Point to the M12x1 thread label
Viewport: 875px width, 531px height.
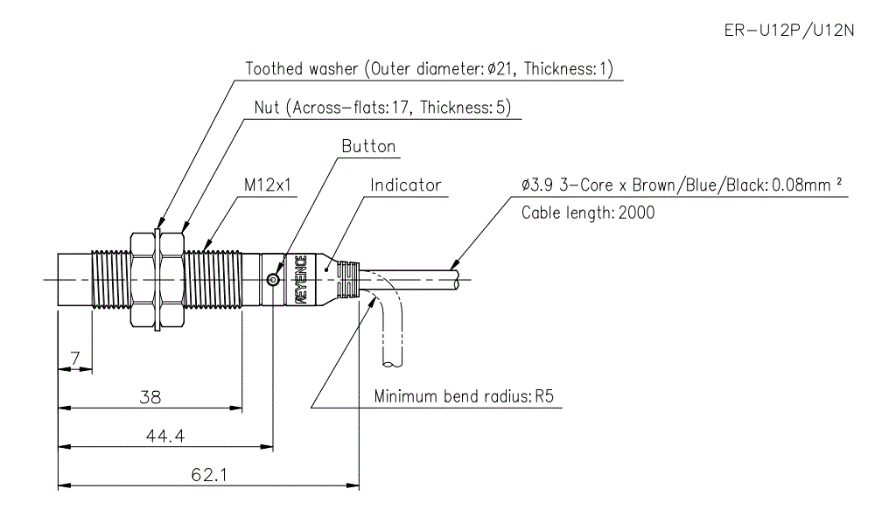click(268, 185)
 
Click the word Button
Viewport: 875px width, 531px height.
click(368, 146)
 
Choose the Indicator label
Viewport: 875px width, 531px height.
click(405, 185)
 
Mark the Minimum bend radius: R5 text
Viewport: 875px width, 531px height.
click(465, 396)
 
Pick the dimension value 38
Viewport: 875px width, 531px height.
click(150, 396)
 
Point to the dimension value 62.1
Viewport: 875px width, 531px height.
click(208, 475)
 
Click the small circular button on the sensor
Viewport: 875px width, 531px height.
click(273, 280)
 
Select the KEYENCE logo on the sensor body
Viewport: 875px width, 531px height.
click(300, 280)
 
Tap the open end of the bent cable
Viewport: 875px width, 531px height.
click(393, 362)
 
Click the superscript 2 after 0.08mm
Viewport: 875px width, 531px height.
click(837, 181)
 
